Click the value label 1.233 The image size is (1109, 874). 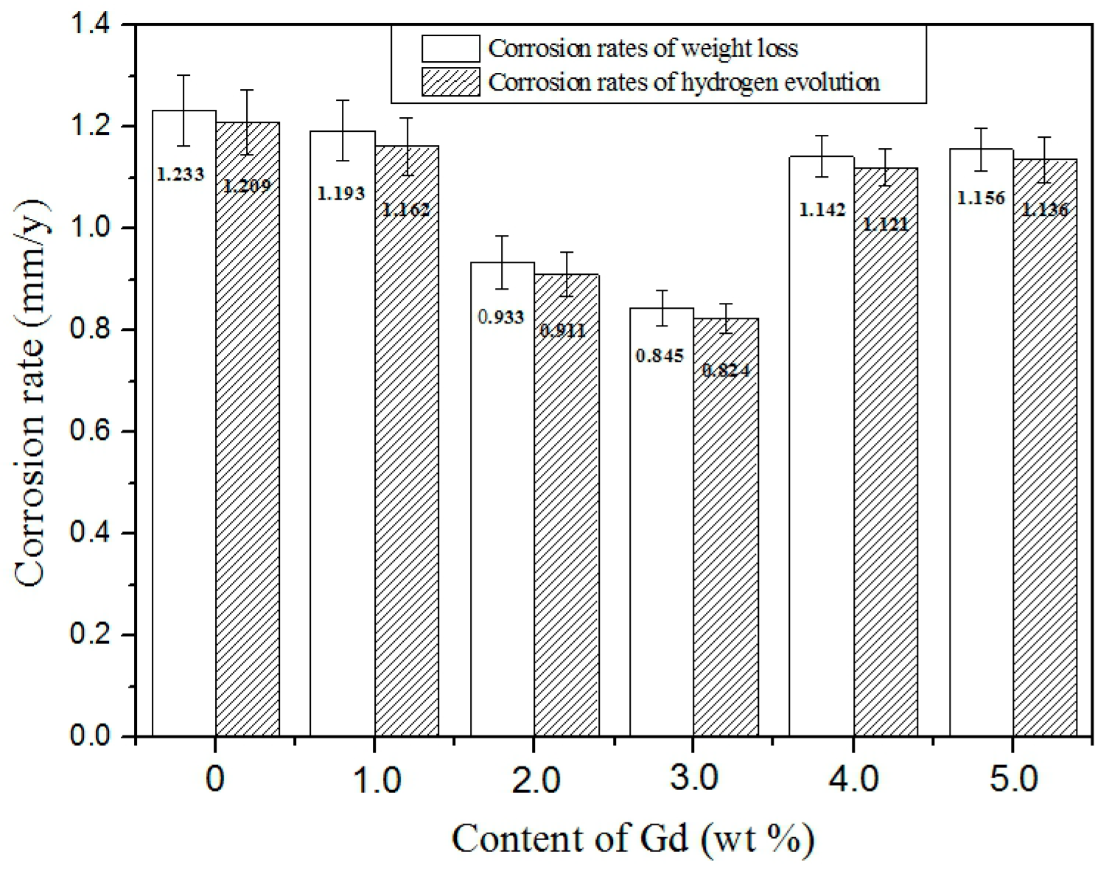coord(181,175)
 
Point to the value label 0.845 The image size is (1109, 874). coord(660,356)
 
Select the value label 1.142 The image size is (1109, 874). coord(822,209)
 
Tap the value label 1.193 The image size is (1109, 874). coord(341,194)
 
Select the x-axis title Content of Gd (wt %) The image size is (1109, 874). coord(634,839)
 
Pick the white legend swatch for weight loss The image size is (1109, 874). coord(450,49)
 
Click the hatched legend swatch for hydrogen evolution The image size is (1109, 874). coord(450,82)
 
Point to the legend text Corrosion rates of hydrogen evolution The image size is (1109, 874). coord(684,82)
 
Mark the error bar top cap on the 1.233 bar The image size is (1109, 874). coord(184,75)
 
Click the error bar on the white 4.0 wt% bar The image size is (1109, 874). coord(822,155)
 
